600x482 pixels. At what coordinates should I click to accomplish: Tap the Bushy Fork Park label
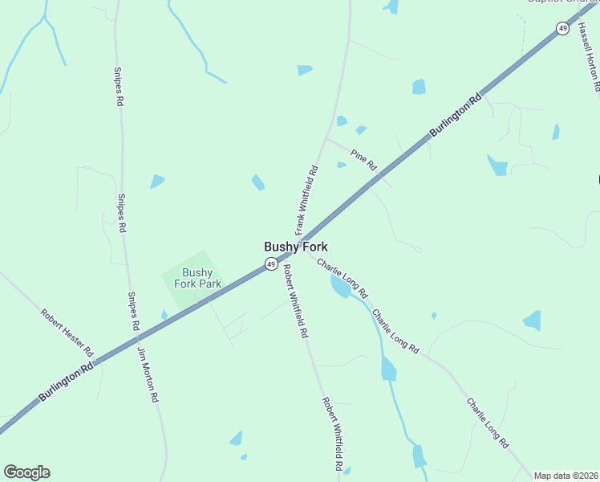tap(197, 278)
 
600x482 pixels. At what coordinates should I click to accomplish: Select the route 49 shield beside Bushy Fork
tap(271, 263)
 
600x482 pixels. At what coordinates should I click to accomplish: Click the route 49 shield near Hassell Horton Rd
tap(562, 29)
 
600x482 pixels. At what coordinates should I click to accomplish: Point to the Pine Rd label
tap(363, 158)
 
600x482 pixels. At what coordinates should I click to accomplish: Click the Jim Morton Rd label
tap(148, 374)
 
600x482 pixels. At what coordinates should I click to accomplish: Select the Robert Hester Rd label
tap(68, 333)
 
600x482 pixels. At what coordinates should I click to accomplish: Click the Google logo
tap(26, 472)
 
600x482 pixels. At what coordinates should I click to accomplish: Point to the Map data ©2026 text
tap(566, 476)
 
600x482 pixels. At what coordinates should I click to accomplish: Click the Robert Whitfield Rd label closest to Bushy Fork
tap(294, 303)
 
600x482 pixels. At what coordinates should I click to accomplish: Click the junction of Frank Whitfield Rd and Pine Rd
tap(326, 138)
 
